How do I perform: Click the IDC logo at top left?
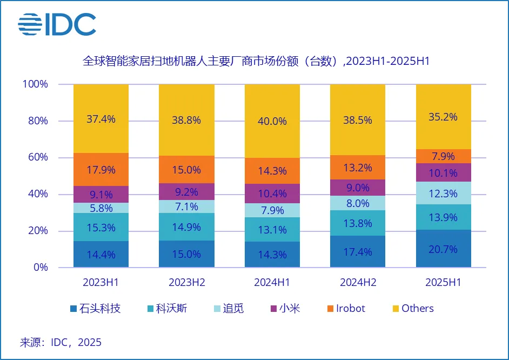tap(57, 24)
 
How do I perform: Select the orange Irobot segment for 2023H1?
tap(101, 170)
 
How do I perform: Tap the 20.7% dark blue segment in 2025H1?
tap(443, 249)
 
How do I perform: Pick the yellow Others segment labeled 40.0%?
tap(272, 121)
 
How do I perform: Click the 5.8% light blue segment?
tap(101, 208)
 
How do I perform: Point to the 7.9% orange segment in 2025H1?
tap(443, 156)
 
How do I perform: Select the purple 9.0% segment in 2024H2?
tap(358, 188)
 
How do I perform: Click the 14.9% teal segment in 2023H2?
tap(186, 227)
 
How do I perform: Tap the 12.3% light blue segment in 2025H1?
tap(443, 193)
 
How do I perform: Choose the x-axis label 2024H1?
tap(272, 282)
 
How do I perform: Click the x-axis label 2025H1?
tap(443, 282)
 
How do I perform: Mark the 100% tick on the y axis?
tap(35, 84)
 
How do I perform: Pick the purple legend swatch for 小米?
tap(274, 309)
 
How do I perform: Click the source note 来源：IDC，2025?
tap(61, 342)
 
